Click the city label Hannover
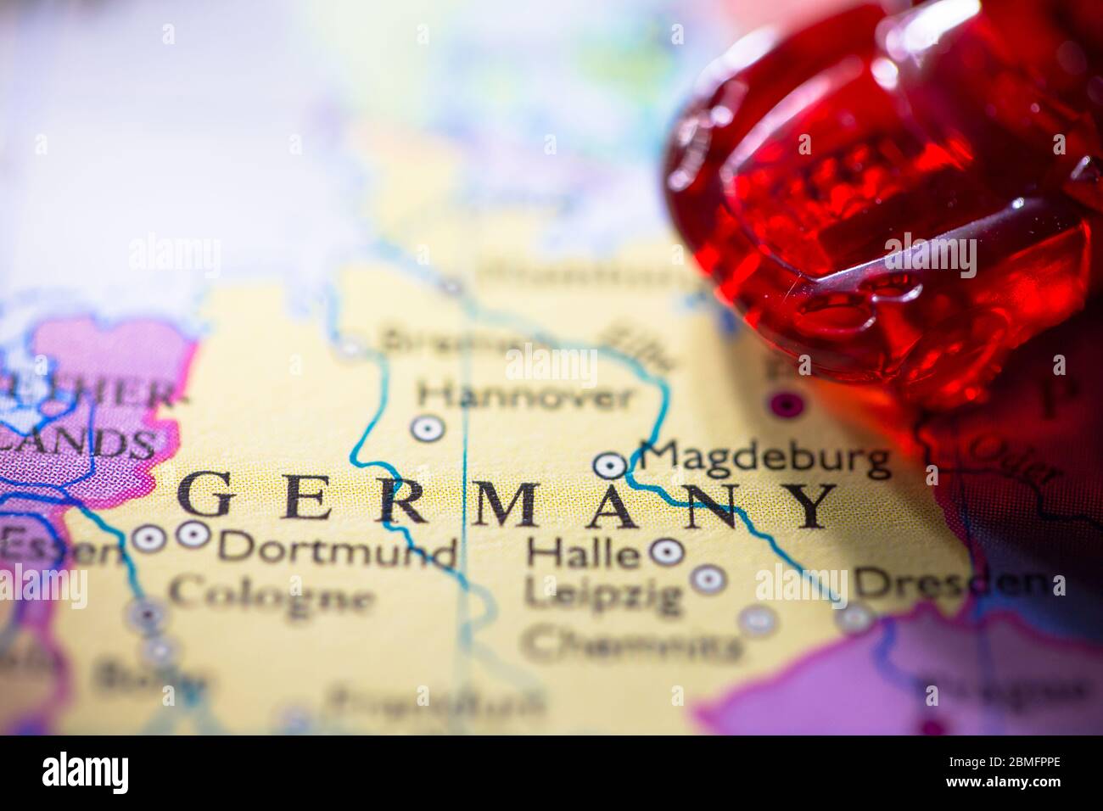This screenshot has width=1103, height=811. coord(526,394)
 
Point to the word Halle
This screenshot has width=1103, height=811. coord(582,554)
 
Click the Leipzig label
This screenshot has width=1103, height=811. coord(603,593)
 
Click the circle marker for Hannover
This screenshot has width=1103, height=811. coord(428,428)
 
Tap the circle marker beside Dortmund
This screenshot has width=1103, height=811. coord(193,534)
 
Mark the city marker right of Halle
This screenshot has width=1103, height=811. coord(667,551)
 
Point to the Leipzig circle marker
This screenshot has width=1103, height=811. coord(707,579)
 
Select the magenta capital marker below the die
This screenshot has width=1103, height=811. coord(785,403)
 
